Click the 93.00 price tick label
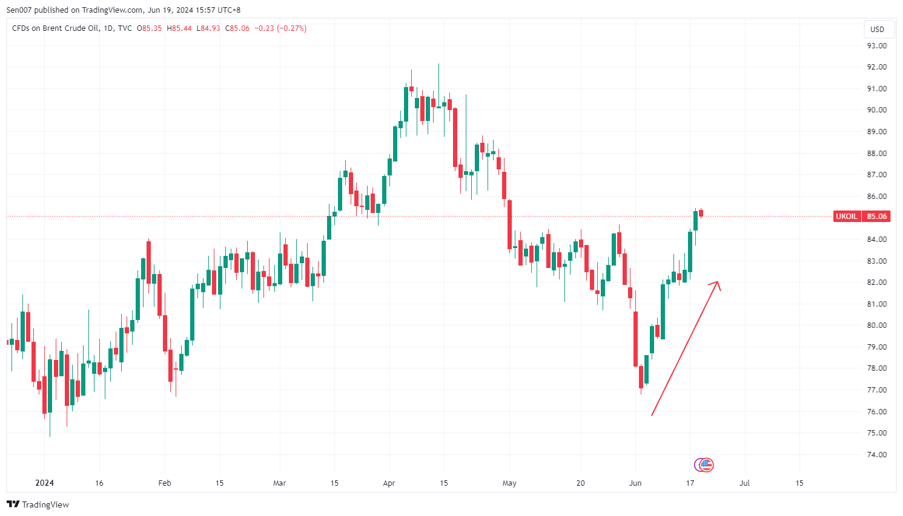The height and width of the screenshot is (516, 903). click(x=876, y=45)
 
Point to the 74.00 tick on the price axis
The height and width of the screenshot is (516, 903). click(x=876, y=454)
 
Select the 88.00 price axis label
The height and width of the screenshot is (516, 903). click(x=876, y=153)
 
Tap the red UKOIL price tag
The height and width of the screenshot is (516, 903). click(x=846, y=217)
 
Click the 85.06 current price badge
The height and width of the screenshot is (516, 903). click(x=876, y=217)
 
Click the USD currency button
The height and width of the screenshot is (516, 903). click(x=877, y=29)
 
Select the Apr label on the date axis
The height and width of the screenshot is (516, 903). click(x=389, y=483)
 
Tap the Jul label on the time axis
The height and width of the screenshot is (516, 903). click(x=744, y=483)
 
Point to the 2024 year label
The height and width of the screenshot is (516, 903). click(x=44, y=483)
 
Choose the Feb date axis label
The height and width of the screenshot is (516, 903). click(x=164, y=483)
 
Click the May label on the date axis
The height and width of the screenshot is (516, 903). click(x=509, y=483)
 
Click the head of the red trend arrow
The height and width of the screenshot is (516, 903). click(x=718, y=282)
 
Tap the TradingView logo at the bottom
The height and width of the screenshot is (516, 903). click(x=38, y=505)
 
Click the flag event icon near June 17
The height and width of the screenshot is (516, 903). click(x=706, y=465)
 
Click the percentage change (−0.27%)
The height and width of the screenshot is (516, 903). click(x=291, y=28)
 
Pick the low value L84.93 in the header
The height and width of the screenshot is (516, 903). click(x=208, y=28)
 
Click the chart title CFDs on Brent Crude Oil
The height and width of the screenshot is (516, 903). click(x=56, y=28)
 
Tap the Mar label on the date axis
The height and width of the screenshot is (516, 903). click(x=279, y=483)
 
